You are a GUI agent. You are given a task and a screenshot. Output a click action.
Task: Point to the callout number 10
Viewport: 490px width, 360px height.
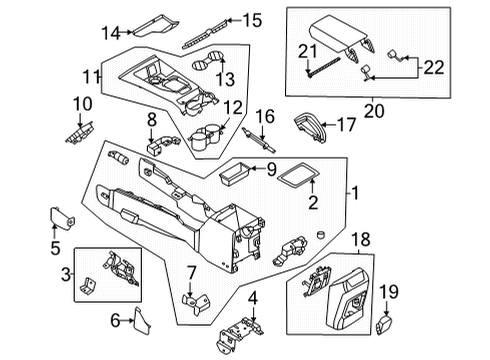[x=81, y=103]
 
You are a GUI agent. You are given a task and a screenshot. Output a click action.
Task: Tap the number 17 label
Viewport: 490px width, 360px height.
[x=347, y=126]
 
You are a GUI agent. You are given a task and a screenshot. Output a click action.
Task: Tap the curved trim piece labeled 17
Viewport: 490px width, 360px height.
[x=312, y=126]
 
